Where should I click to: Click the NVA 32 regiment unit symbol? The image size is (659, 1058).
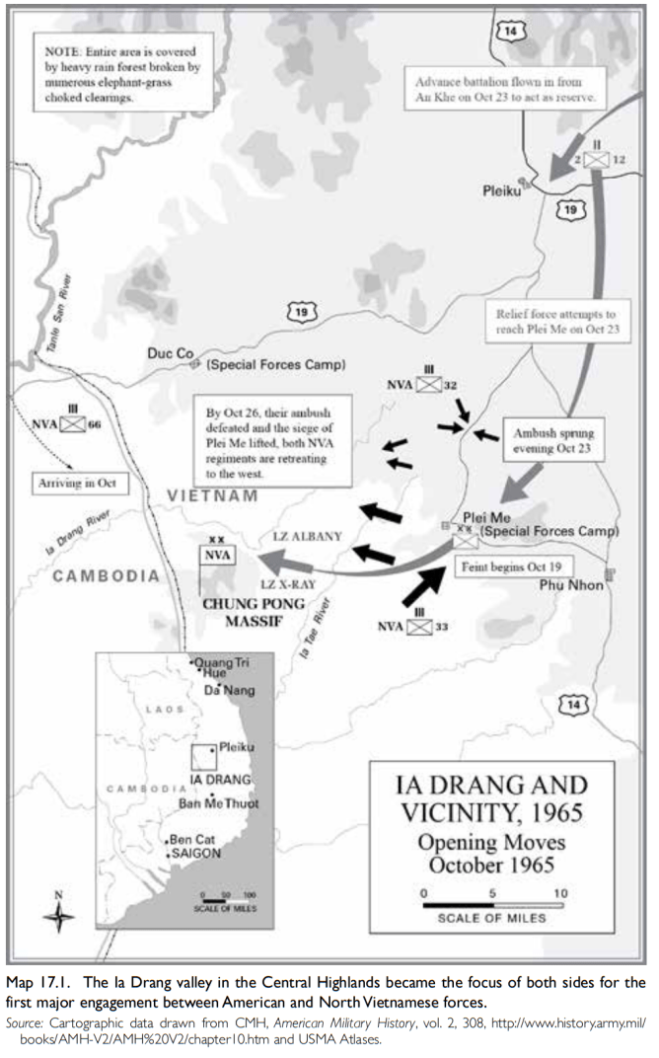[x=428, y=386]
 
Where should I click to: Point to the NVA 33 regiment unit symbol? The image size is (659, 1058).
[x=415, y=625]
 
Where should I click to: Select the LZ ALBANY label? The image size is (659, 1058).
[x=307, y=537]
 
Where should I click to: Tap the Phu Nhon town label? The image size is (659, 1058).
[x=573, y=585]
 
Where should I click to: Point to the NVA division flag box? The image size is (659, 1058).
[x=217, y=555]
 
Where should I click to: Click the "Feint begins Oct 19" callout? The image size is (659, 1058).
[x=510, y=568]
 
